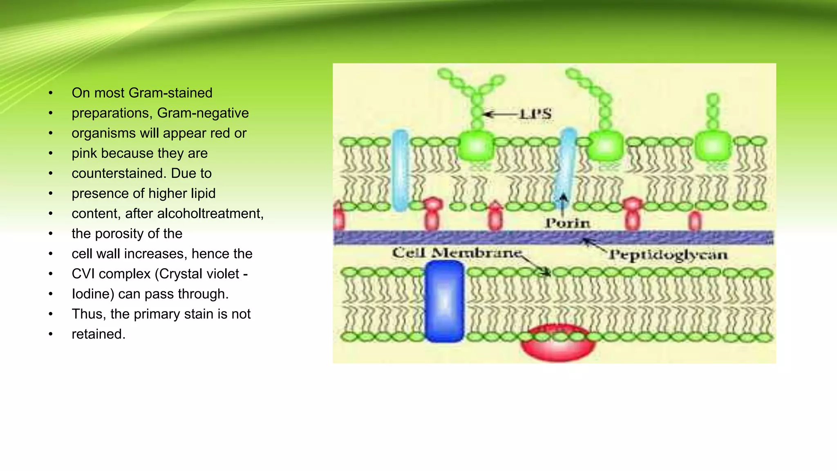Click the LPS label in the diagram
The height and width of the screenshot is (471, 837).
tap(535, 114)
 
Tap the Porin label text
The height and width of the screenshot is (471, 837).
tap(568, 223)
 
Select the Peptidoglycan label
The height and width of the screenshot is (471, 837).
tap(668, 255)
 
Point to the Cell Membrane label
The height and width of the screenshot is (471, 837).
tap(457, 253)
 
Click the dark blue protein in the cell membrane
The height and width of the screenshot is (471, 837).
tap(444, 302)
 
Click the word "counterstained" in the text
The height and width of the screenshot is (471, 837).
tap(119, 173)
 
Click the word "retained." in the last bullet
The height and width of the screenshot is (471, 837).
tap(98, 334)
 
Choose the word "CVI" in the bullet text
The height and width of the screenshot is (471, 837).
tap(85, 274)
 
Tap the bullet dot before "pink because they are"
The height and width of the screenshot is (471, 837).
tap(51, 154)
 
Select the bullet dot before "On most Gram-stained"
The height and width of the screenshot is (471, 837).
tap(51, 93)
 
